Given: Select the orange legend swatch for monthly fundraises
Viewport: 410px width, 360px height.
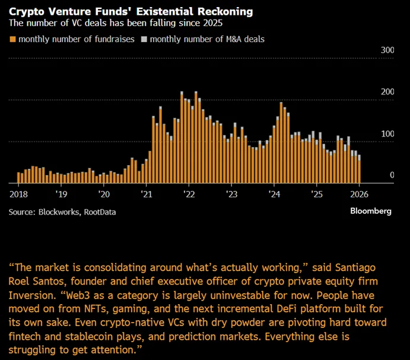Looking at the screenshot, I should pyautogui.click(x=12, y=39).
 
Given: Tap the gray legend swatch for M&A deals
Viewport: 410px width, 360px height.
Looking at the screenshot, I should pyautogui.click(x=144, y=39).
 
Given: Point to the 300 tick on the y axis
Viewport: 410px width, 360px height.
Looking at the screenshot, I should pyautogui.click(x=387, y=50).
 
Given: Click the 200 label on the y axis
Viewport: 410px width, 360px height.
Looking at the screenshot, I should pyautogui.click(x=387, y=92).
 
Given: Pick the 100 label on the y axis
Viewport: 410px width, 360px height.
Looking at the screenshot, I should pyautogui.click(x=387, y=134).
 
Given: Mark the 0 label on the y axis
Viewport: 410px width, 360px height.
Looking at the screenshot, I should pyautogui.click(x=392, y=175).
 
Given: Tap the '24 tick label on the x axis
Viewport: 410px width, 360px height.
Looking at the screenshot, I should pyautogui.click(x=274, y=194).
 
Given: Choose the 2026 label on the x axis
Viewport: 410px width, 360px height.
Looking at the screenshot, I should pyautogui.click(x=359, y=194).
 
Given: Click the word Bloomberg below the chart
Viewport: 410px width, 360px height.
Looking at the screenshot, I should pyautogui.click(x=371, y=211).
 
